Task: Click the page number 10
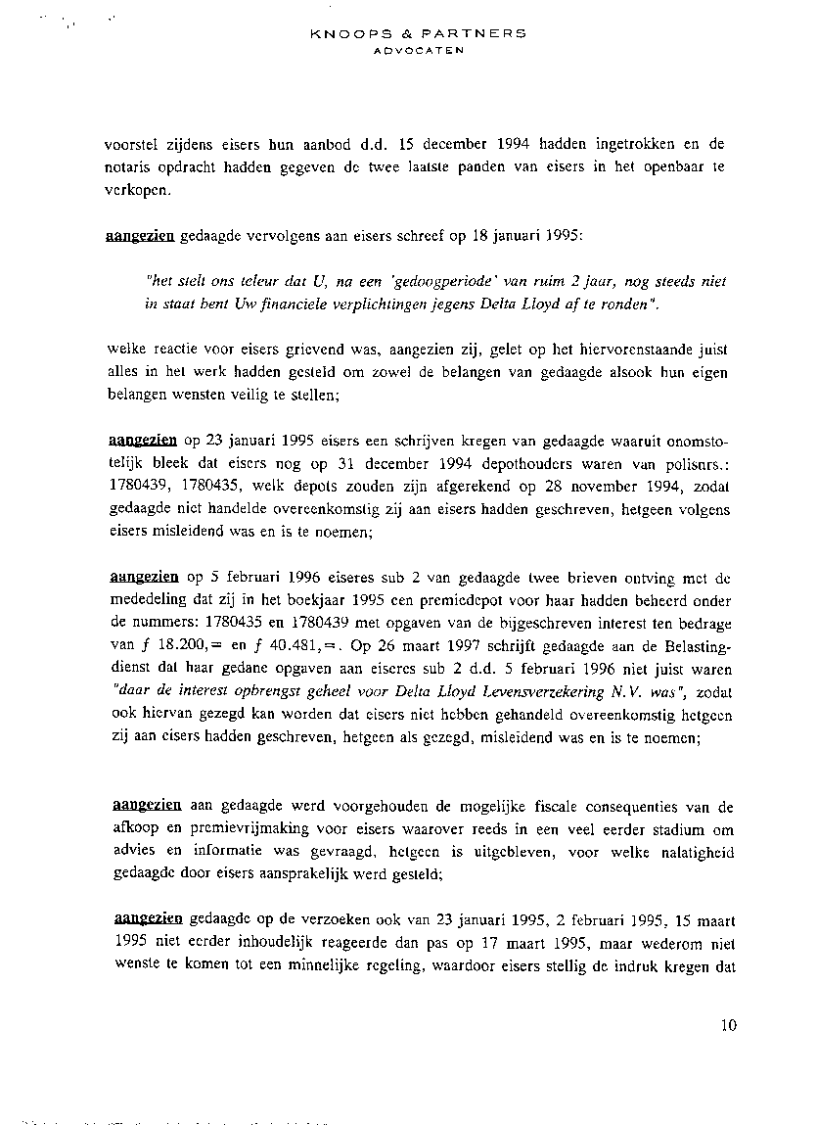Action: click(727, 1025)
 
